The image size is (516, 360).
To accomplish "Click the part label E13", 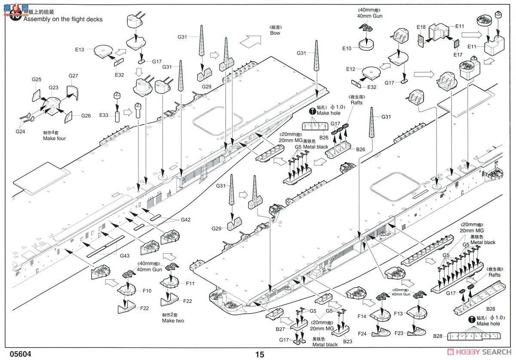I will coord(79,49).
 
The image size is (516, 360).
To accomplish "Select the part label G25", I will coord(37,80).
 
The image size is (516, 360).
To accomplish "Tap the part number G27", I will coord(73,76).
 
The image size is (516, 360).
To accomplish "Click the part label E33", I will coord(104,115).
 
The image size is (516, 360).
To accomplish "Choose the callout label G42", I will coord(185,220).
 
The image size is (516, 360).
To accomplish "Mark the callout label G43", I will coord(125,255).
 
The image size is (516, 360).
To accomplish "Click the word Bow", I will coord(275,33).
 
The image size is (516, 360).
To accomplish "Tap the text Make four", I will coord(55,139).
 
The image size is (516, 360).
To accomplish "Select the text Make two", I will coord(173,320).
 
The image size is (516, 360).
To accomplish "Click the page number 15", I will coord(260,355).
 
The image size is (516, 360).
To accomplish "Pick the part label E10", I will coord(347,48).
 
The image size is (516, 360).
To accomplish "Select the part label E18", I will coord(421,27).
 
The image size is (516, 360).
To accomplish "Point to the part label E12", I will coord(350,69).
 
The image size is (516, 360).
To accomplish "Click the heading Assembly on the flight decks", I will coord(63,19).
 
